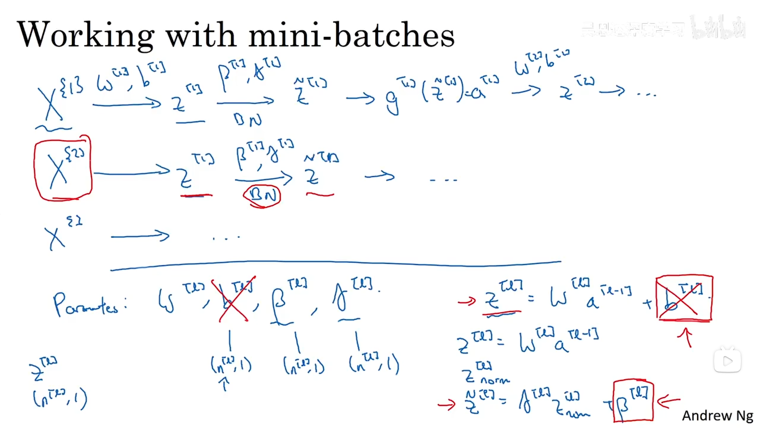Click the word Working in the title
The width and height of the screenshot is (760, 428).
pyautogui.click(x=85, y=35)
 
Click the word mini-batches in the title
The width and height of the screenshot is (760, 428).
pyautogui.click(x=351, y=35)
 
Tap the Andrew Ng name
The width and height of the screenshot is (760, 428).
pyautogui.click(x=717, y=415)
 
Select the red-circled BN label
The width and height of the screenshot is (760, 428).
pyautogui.click(x=262, y=195)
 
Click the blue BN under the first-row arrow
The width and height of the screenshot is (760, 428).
pyautogui.click(x=247, y=119)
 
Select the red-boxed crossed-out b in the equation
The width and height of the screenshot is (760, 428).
pyautogui.click(x=684, y=298)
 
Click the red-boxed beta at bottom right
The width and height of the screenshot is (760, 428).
pyautogui.click(x=633, y=401)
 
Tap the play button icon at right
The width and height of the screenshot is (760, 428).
pyautogui.click(x=728, y=361)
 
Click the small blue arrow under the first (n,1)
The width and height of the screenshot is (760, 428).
pyautogui.click(x=224, y=384)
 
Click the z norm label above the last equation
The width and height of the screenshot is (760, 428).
pyautogui.click(x=485, y=374)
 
